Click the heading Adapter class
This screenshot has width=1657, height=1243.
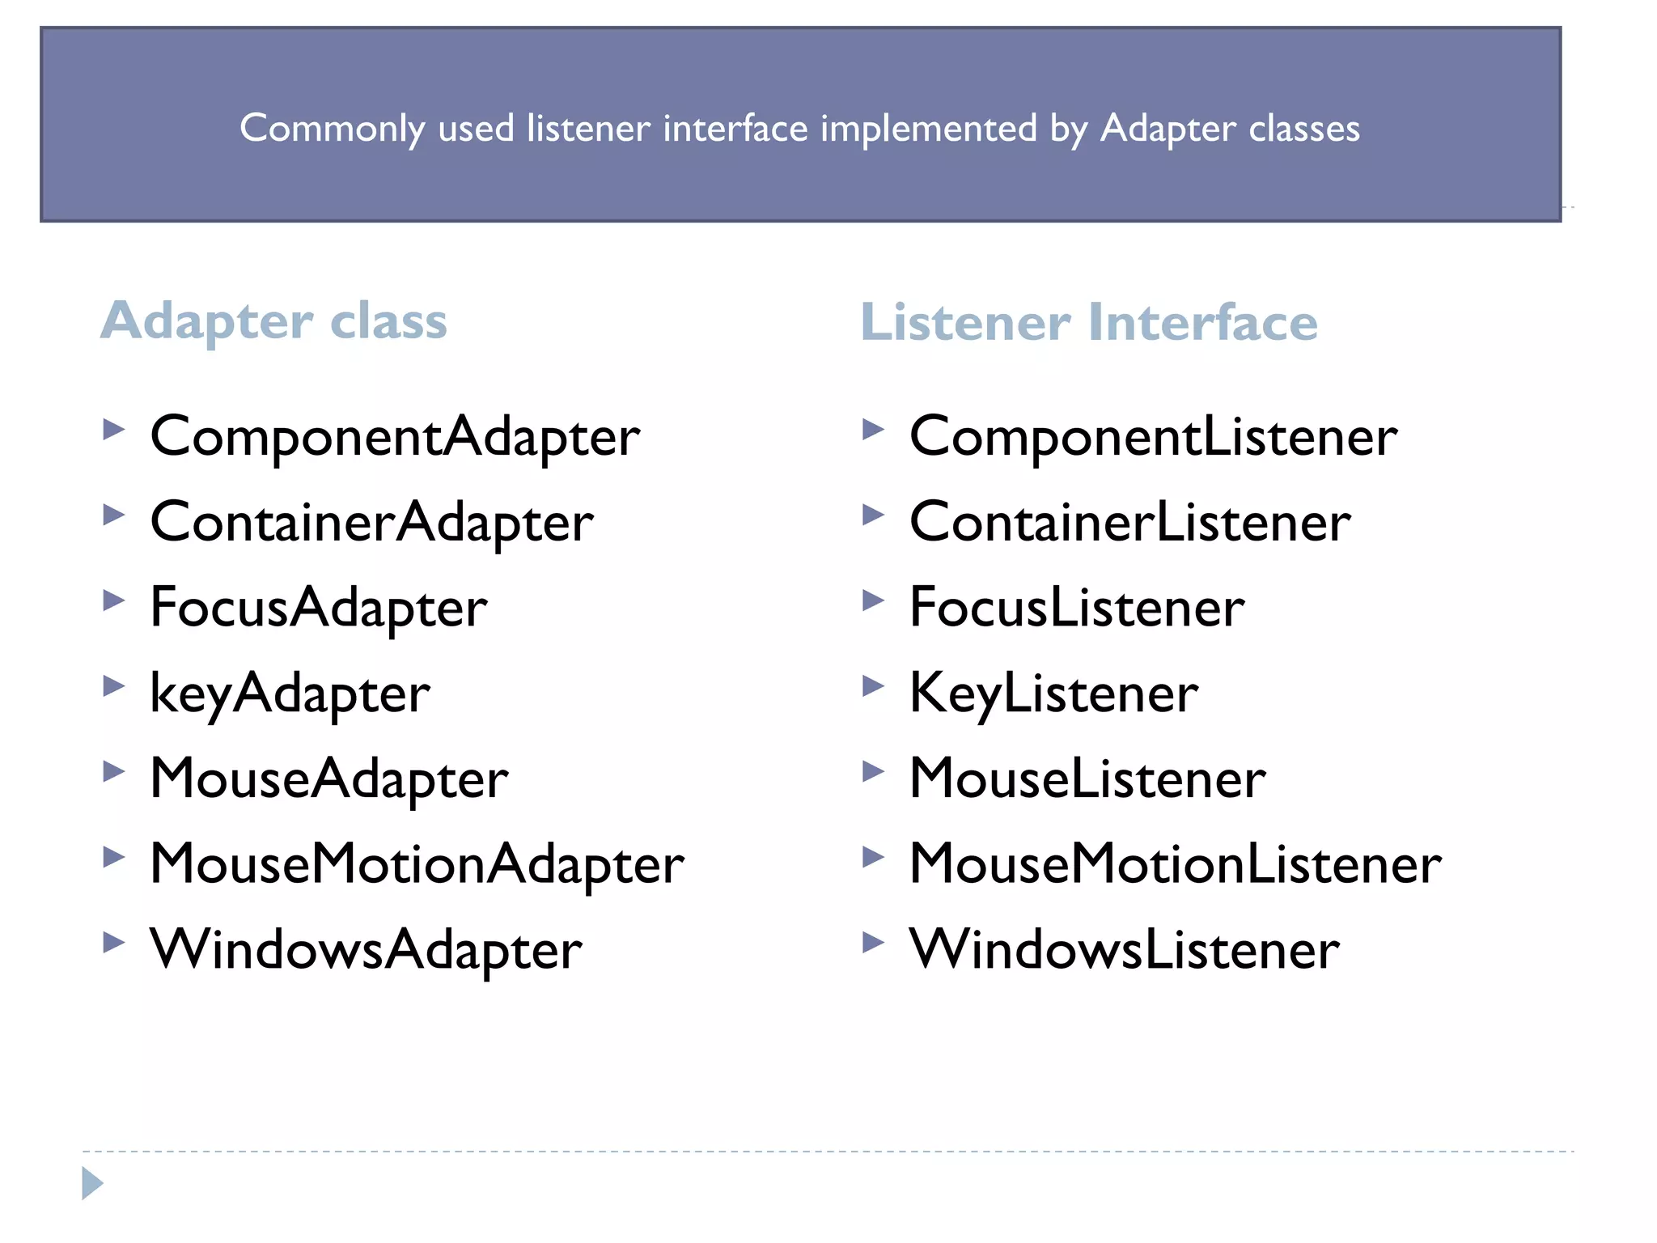tap(273, 321)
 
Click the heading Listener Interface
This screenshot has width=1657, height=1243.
tap(1089, 323)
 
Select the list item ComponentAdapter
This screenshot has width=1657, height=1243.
tap(395, 438)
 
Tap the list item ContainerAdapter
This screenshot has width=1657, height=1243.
tap(372, 523)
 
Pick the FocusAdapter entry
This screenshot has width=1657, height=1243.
tap(319, 609)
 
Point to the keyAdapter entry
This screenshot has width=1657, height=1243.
tap(290, 694)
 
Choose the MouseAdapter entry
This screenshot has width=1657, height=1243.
tap(329, 779)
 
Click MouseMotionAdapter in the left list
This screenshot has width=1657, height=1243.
tap(417, 865)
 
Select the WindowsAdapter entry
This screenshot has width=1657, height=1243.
tap(366, 950)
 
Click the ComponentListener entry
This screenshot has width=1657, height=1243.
tap(1153, 438)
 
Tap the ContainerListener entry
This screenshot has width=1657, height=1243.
tap(1129, 523)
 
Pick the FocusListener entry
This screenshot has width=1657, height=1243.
tap(1077, 609)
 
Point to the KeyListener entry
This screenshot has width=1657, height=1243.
tap(1053, 694)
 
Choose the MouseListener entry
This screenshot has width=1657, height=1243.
tap(1087, 779)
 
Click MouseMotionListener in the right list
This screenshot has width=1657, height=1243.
tap(1175, 865)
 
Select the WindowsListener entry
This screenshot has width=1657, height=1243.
tap(1125, 950)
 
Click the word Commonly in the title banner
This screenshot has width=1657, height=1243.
tap(332, 129)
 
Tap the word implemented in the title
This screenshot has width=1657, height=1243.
tap(928, 129)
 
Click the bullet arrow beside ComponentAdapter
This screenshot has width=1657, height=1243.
tap(114, 429)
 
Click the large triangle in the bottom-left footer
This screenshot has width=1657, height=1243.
tap(91, 1183)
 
